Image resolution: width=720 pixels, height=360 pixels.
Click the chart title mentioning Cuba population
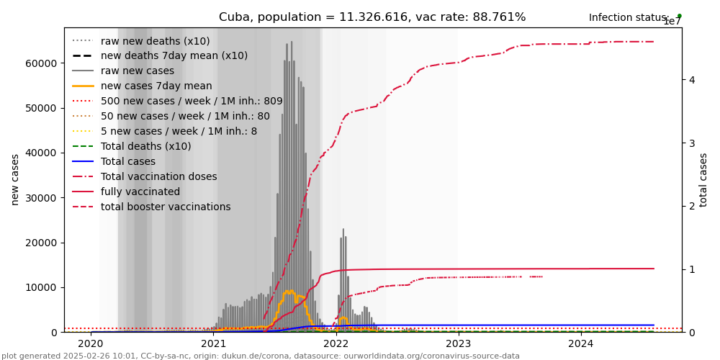click(372, 17)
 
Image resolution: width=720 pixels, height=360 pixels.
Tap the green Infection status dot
click(679, 15)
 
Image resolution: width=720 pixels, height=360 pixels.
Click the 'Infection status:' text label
click(629, 18)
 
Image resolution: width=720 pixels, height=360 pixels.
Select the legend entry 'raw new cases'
click(137, 71)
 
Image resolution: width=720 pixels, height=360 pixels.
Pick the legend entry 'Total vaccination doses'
click(158, 177)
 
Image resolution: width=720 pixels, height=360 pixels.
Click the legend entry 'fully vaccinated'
click(140, 192)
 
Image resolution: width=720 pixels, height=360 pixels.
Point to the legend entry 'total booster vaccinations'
click(166, 207)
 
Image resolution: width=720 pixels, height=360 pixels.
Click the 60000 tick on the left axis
click(41, 63)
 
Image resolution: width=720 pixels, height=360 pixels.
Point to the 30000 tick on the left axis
click(41, 198)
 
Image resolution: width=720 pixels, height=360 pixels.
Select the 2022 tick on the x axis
click(336, 344)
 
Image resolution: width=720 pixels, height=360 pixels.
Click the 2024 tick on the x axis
click(581, 344)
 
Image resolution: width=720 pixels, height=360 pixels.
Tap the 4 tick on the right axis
click(691, 80)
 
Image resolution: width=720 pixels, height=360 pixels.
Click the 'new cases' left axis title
click(15, 179)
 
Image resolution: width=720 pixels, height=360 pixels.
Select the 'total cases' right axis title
click(703, 179)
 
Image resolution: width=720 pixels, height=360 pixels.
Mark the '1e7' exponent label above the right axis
click(671, 22)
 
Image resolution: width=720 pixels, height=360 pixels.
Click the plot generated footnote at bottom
click(261, 356)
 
